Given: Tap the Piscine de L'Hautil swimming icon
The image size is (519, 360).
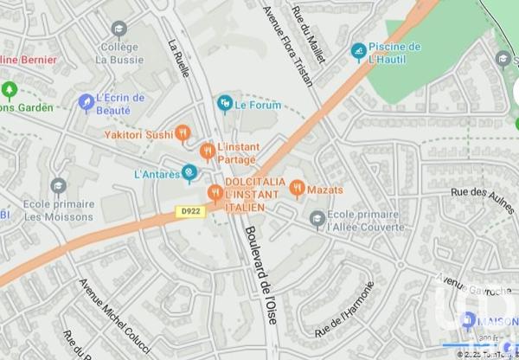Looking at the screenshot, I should click(x=358, y=52).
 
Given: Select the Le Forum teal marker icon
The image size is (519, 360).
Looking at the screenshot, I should click(x=225, y=104).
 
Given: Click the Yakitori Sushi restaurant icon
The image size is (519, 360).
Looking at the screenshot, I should click(x=182, y=133).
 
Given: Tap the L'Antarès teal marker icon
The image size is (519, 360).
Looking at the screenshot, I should click(x=189, y=174).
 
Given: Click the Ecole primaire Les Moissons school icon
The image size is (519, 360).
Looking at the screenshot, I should click(x=58, y=186).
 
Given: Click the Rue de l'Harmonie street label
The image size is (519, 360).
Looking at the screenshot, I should click(x=345, y=310).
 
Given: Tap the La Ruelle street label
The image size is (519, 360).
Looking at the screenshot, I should click(x=180, y=59).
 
